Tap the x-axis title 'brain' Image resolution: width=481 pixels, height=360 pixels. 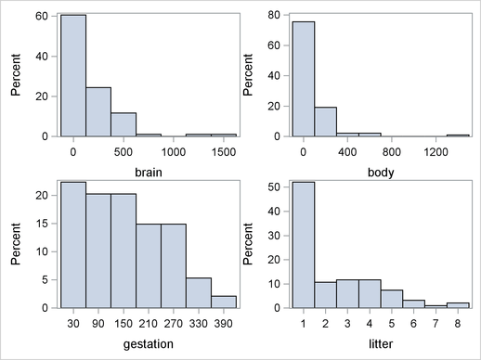(x=147, y=172)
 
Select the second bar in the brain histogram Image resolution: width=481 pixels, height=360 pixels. (x=97, y=112)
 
